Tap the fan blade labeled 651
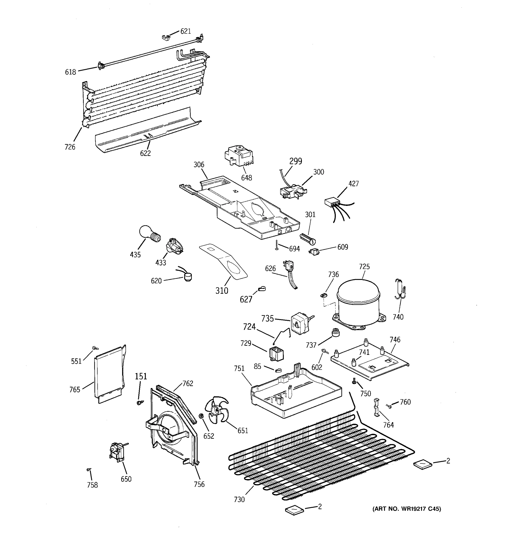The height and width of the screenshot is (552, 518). pos(216,409)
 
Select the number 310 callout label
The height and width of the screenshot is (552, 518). pos(221,290)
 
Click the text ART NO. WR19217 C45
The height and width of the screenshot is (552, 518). pos(407,509)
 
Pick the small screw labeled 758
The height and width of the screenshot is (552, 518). pos(89,469)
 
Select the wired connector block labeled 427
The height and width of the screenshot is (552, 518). pos(333,202)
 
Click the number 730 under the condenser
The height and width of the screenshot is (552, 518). pos(239,500)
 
